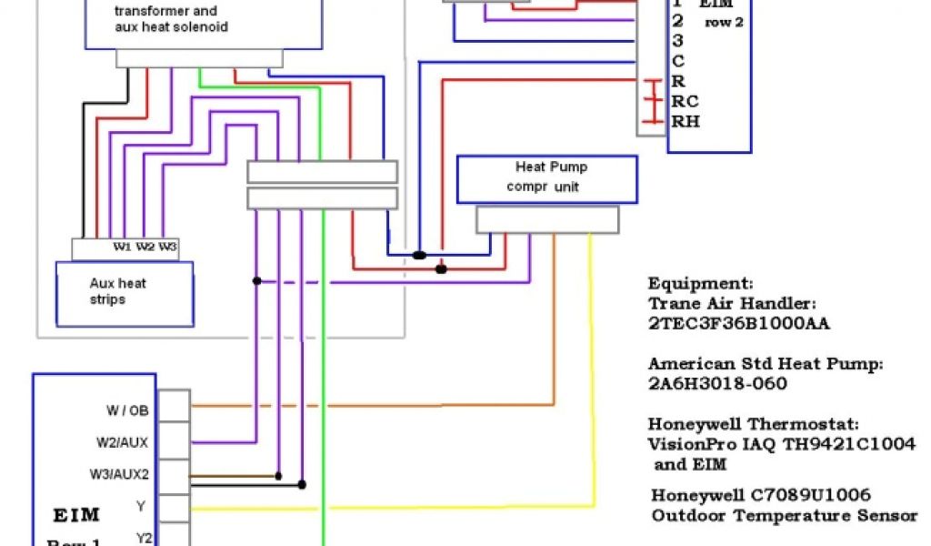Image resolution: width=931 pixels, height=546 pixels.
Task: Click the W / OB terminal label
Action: pos(127,410)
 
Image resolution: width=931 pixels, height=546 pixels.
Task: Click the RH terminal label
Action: pos(686,121)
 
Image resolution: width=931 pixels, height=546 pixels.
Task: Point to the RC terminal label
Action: pos(685,101)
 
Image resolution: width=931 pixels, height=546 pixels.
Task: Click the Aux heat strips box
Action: pos(125,291)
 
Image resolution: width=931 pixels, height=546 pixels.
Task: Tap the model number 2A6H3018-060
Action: pos(717,384)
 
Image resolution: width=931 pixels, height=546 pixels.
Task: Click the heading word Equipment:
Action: pos(700,283)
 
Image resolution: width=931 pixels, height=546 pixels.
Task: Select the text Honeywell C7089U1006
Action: pos(761,495)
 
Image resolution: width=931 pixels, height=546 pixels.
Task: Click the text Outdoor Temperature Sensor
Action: pos(785,516)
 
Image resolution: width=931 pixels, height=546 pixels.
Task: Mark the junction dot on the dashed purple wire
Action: pos(257,281)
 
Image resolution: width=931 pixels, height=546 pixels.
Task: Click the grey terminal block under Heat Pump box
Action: pos(546,219)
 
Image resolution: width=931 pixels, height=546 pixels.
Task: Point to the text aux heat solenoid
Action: pos(171,27)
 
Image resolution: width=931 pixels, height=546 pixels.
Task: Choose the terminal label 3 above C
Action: pos(677,40)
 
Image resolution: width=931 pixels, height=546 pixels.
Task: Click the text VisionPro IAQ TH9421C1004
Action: pos(769,445)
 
